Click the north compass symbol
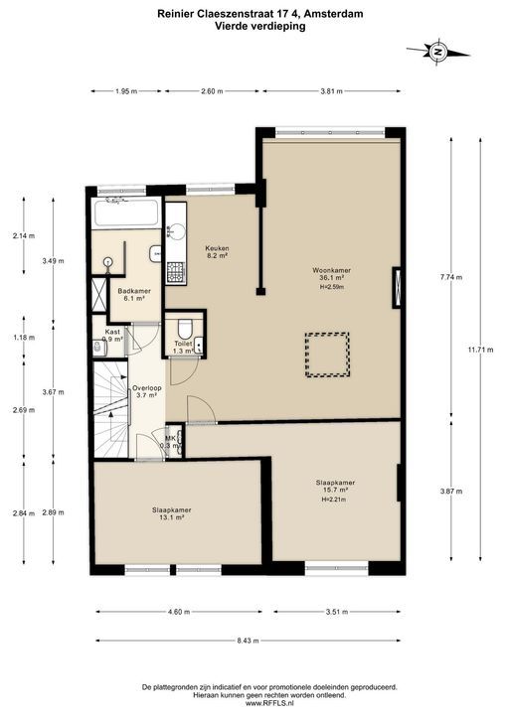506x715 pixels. point(437,52)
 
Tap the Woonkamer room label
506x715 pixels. point(332,270)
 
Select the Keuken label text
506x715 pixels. point(217,248)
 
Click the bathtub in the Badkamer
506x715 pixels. point(125,213)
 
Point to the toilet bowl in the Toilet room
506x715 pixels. point(185,329)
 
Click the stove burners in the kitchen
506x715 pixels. point(175,273)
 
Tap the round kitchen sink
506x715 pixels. point(176,230)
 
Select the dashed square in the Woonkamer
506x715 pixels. point(327,355)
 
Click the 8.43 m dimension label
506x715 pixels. point(248,641)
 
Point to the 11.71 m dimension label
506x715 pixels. point(480,351)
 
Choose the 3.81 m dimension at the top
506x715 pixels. point(331,91)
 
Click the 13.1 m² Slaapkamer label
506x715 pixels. point(172,513)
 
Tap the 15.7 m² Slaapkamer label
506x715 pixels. point(335,486)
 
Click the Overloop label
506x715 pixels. point(147,388)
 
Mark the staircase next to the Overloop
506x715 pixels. point(111,408)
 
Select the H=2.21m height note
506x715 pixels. point(334,500)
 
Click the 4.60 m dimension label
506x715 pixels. point(179,612)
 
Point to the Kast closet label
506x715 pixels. point(112,332)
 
